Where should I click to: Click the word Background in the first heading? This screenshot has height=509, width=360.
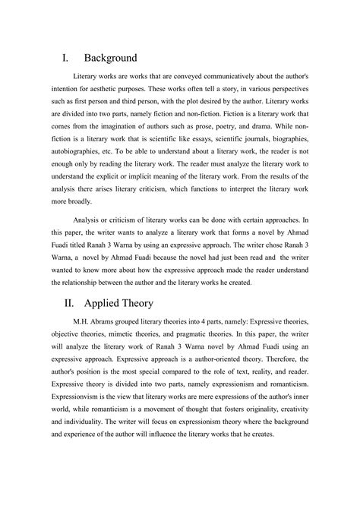[x=111, y=58]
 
